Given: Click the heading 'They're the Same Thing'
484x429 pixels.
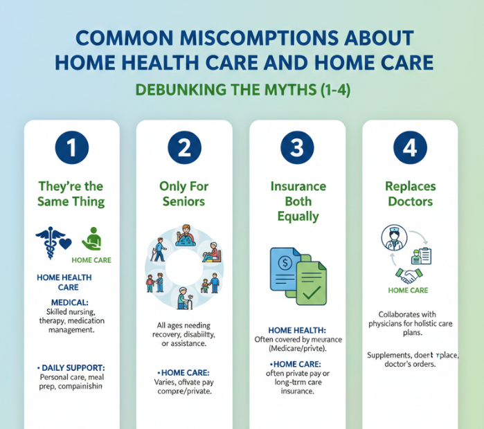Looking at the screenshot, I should [x=71, y=194].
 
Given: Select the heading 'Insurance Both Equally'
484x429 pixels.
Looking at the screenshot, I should [x=296, y=201].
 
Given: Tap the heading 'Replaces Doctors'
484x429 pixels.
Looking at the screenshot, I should [x=409, y=194].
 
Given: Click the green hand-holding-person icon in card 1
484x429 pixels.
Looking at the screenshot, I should [x=92, y=239].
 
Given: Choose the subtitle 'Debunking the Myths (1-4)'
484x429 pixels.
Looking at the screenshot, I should [x=242, y=90].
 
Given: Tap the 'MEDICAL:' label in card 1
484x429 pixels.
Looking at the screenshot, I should [x=70, y=302].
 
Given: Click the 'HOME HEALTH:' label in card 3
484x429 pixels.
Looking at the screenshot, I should [x=297, y=330].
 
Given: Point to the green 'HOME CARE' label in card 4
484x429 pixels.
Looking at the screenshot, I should [x=408, y=291].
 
